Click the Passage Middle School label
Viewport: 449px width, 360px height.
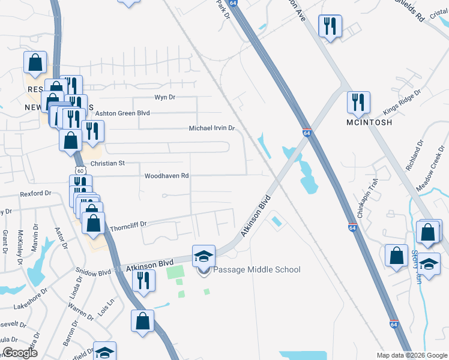point(257,269)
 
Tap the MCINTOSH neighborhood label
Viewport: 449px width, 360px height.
point(370,122)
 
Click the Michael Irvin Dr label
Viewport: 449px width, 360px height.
point(211,128)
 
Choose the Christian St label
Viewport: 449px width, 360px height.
point(107,163)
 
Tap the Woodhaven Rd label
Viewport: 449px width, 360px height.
point(167,176)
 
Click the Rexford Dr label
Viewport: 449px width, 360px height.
point(35,194)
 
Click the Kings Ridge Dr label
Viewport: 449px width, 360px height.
point(402,103)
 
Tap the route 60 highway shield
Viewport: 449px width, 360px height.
point(80,170)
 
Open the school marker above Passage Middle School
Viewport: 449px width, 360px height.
point(203,256)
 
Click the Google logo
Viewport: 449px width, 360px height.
point(20,353)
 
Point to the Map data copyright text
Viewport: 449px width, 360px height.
point(412,355)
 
